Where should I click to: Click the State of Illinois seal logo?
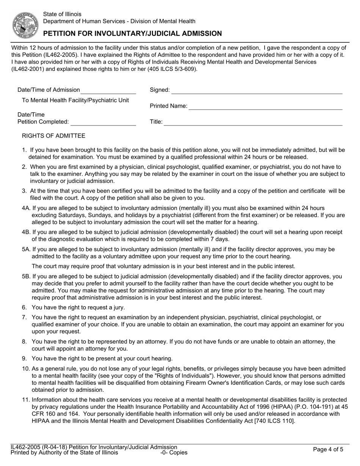pos(25,25)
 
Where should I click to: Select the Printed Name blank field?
pos(265,107)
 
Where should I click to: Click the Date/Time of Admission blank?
pos(108,91)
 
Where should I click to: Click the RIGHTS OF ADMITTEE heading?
pos(54,136)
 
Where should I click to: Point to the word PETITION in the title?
pos(61,33)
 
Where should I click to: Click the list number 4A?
pos(26,208)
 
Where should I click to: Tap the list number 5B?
pos(26,277)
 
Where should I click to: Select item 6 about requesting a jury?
pos(78,308)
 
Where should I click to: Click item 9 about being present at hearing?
pos(102,358)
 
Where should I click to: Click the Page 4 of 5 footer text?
pos(328,450)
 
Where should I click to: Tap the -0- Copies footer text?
pos(174,452)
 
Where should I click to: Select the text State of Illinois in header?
pos(62,14)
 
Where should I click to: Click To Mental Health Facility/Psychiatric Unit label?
pos(75,100)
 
